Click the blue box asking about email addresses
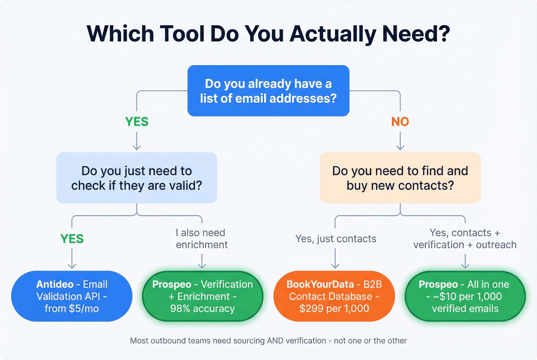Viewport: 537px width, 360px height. click(268, 91)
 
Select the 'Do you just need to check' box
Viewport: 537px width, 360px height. click(137, 178)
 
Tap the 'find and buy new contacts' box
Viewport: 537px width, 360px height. click(400, 178)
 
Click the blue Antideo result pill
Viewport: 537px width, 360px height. click(72, 296)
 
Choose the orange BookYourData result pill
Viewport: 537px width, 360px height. click(334, 296)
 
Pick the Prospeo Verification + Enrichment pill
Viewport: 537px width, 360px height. click(203, 296)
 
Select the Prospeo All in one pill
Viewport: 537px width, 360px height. click(465, 296)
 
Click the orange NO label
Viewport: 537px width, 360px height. click(400, 122)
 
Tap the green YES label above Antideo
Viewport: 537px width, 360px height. click(72, 239)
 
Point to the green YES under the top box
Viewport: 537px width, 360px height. click(137, 122)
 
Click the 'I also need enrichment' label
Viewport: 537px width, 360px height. click(202, 238)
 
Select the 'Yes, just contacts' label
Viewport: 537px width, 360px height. click(336, 239)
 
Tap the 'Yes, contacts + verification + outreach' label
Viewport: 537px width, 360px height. click(465, 238)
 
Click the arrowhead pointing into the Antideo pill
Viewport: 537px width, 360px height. click(72, 265)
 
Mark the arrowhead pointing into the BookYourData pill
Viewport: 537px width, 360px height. click(335, 265)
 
